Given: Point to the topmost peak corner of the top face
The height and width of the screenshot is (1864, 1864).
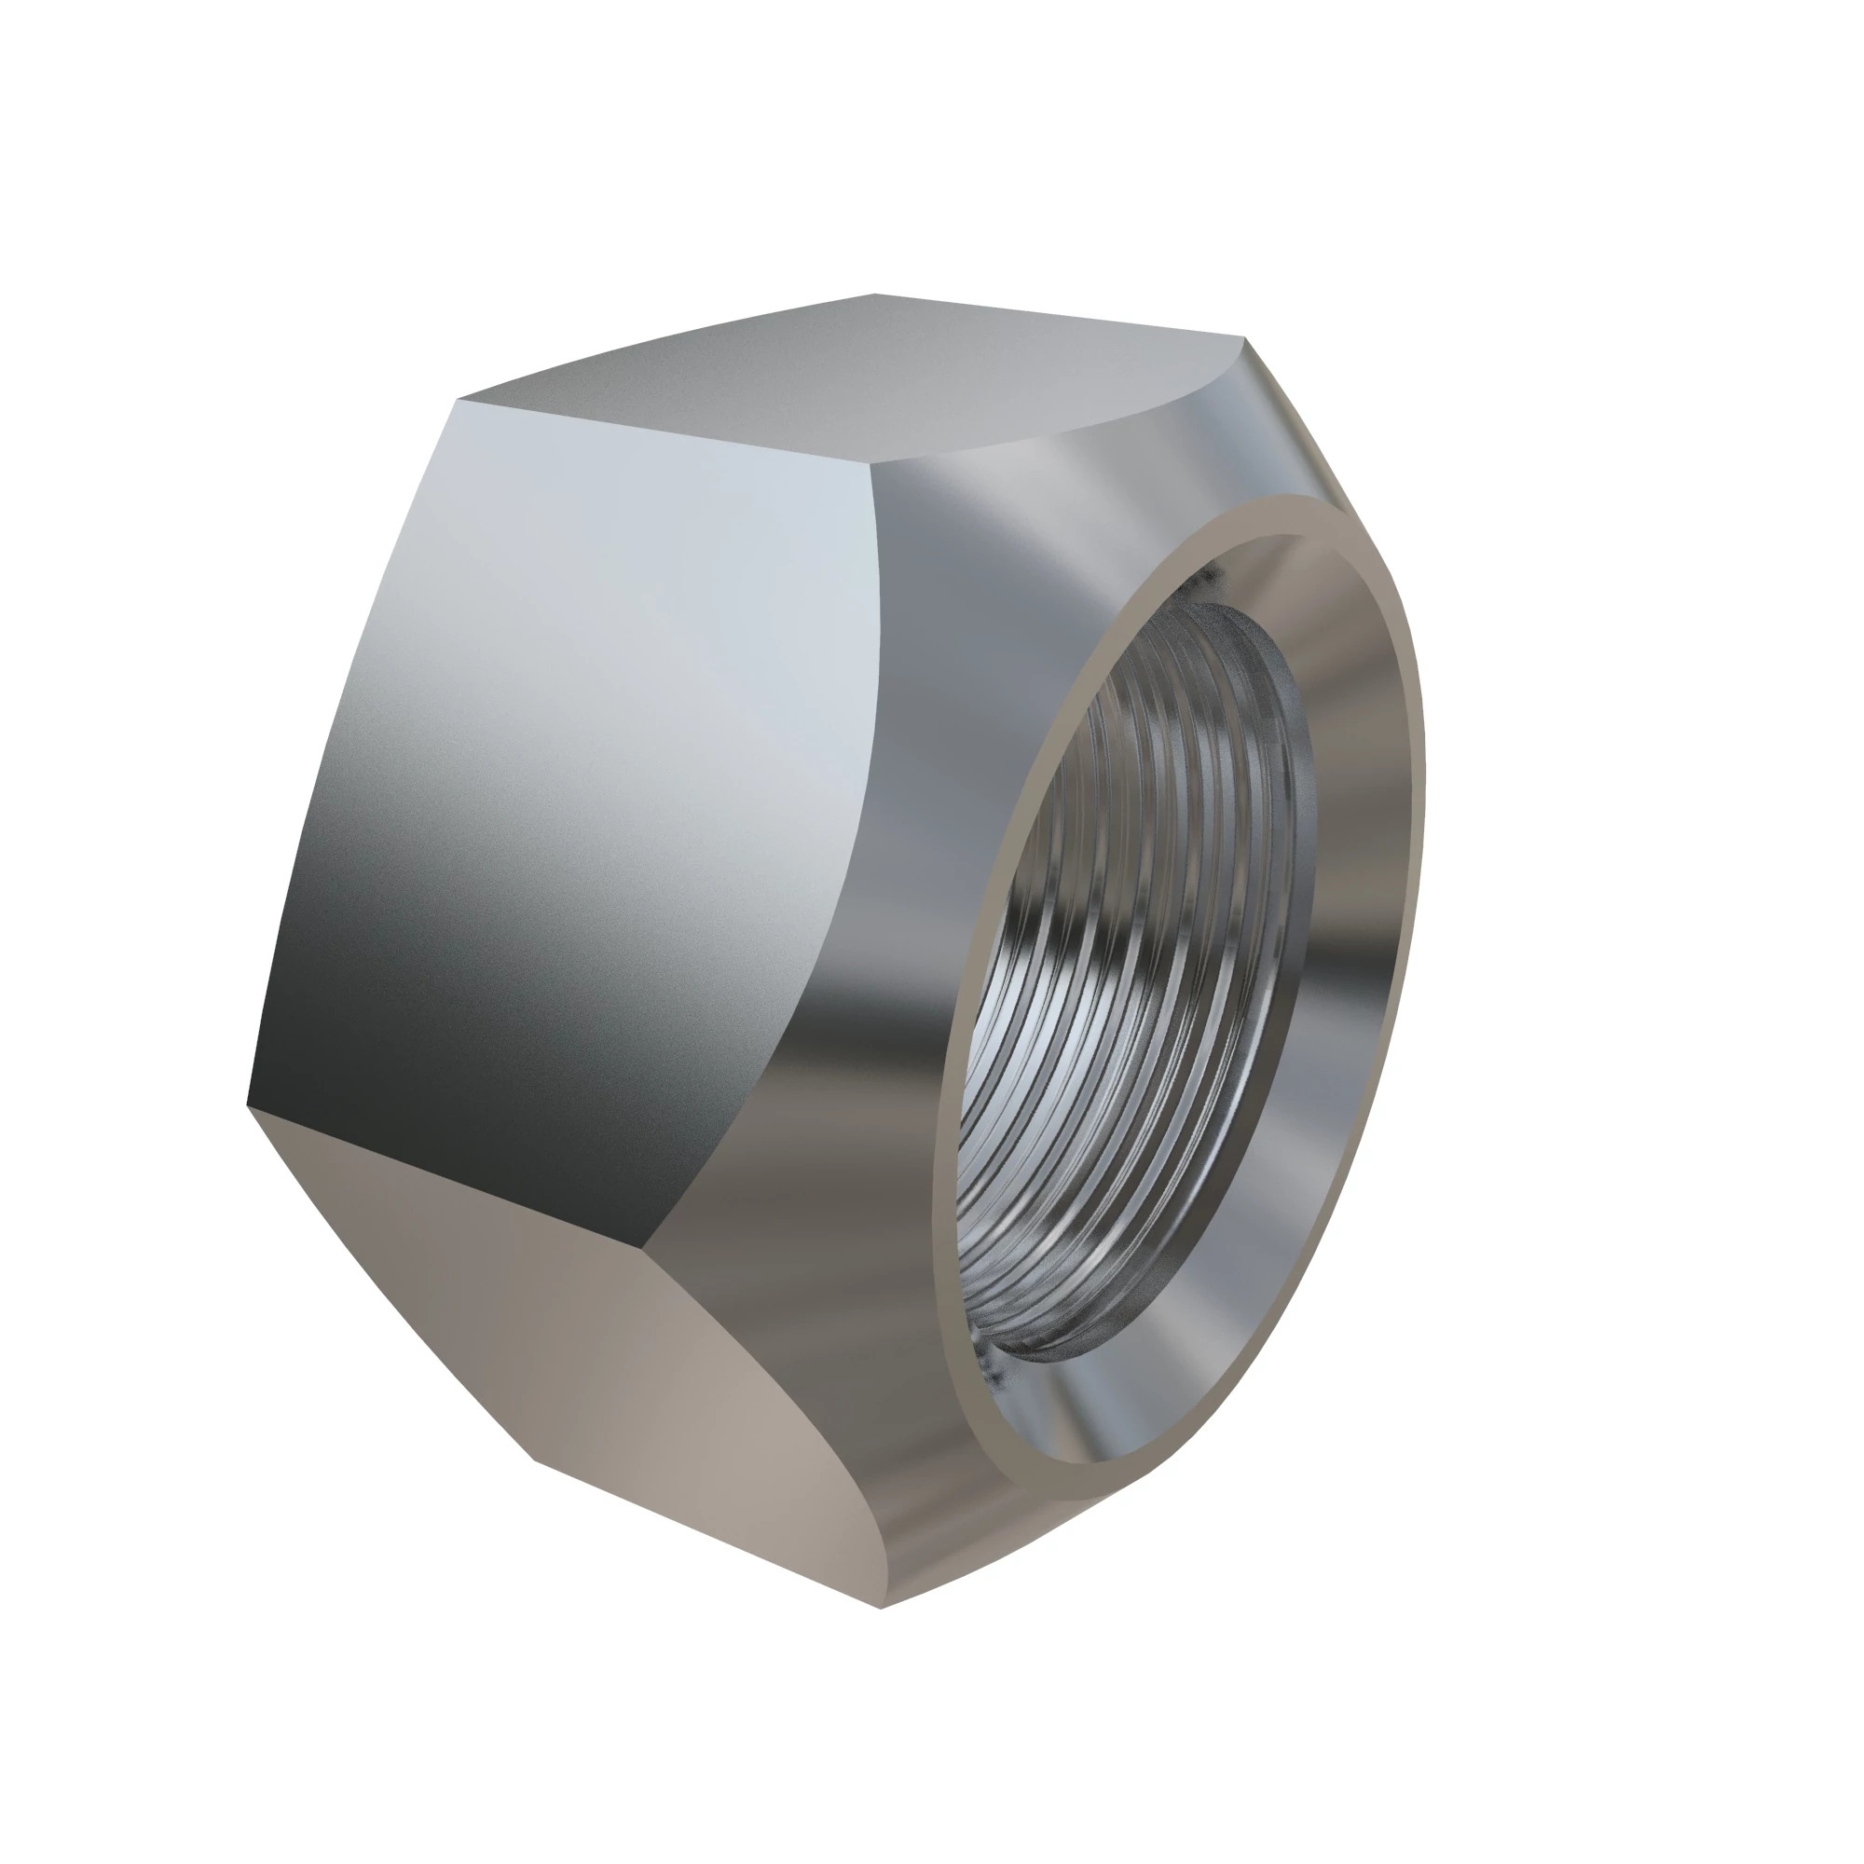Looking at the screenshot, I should click(874, 295).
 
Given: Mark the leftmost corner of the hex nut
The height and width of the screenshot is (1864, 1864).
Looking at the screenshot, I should click(248, 1104).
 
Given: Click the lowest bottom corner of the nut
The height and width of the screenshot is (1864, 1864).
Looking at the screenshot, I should click(882, 1608).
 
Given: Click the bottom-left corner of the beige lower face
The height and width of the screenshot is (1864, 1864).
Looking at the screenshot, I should click(533, 1460).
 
